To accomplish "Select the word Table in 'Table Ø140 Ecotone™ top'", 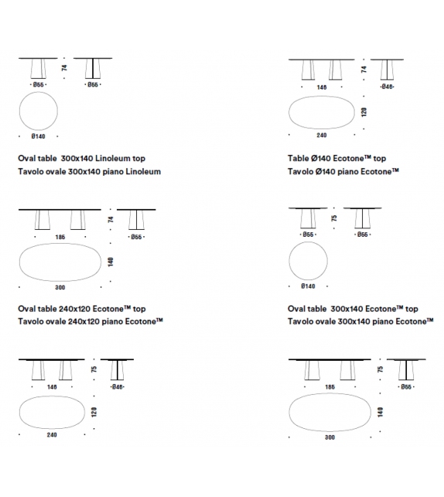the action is [298, 158].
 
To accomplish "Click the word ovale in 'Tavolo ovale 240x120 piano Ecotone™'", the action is [56, 321].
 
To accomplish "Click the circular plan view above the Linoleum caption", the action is [39, 92].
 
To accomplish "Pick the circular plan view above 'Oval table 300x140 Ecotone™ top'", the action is [308, 242].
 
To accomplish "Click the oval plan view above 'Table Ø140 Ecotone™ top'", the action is [322, 96].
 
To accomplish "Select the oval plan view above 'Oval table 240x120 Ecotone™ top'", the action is [60, 243].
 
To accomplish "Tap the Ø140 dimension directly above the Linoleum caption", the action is [39, 136].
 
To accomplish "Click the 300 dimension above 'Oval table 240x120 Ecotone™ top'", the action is [60, 287].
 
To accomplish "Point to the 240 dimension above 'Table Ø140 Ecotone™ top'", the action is [322, 135].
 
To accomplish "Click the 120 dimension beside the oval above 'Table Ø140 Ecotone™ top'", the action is [364, 112].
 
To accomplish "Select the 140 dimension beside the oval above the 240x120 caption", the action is [111, 262].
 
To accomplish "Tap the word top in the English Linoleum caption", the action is [138, 159].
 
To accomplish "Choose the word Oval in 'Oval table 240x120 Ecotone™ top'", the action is [26, 309].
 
